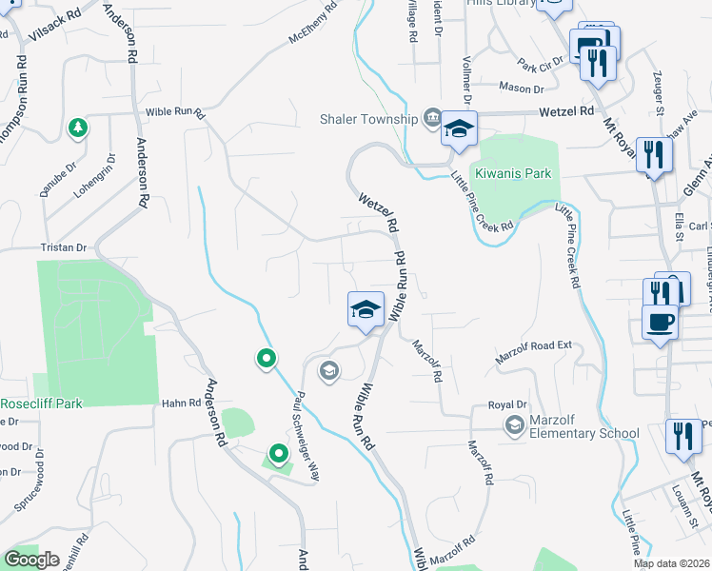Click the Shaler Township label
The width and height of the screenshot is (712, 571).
pos(368,119)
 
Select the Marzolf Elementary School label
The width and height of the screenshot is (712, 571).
pos(580,433)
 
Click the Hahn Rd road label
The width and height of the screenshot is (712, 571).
pos(181,404)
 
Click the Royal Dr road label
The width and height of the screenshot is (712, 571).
pos(501,404)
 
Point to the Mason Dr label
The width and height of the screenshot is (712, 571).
pos(524,89)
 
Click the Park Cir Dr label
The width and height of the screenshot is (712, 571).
pos(540,66)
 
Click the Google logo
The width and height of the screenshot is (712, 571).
pos(31,560)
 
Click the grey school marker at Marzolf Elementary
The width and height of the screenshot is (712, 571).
pos(515,423)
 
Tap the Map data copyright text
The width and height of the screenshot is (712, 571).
pos(672,563)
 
